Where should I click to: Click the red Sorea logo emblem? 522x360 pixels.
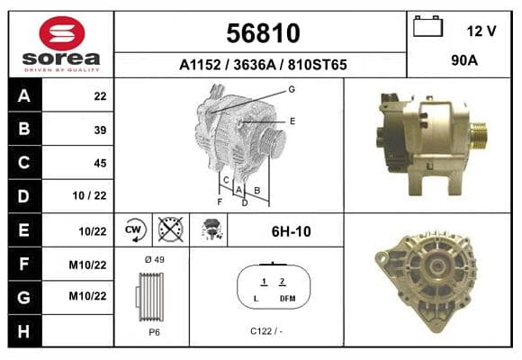pyautogui.click(x=62, y=33)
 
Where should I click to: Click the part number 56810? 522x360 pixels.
pyautogui.click(x=263, y=33)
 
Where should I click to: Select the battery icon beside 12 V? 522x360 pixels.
pyautogui.click(x=427, y=26)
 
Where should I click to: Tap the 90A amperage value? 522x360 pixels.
pyautogui.click(x=464, y=60)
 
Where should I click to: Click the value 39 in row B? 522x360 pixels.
pyautogui.click(x=100, y=130)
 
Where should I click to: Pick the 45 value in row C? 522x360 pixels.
pyautogui.click(x=100, y=163)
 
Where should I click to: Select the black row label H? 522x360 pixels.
pyautogui.click(x=24, y=331)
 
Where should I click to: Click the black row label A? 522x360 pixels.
pyautogui.click(x=24, y=96)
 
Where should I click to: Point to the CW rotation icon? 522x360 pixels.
pyautogui.click(x=134, y=230)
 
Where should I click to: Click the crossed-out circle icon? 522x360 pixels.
pyautogui.click(x=170, y=229)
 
